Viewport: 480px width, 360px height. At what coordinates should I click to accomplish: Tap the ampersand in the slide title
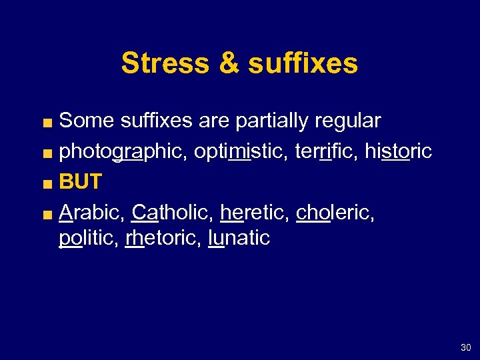point(227,63)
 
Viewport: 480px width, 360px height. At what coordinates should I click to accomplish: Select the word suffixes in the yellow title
point(303,63)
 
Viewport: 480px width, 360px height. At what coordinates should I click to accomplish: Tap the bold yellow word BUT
point(80,181)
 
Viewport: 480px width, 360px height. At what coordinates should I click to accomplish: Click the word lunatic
point(239,238)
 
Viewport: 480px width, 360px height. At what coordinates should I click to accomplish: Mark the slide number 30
point(465,347)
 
